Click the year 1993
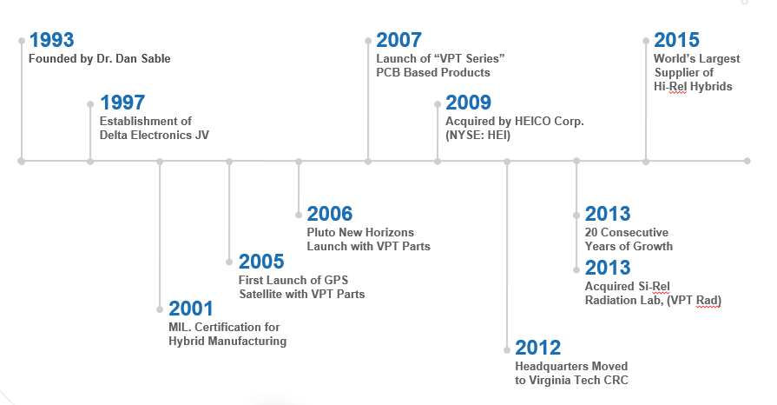[x=51, y=40]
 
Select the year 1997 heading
[x=122, y=103]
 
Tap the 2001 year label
[x=191, y=309]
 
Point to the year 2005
[x=261, y=262]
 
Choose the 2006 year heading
[x=330, y=214]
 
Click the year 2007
[x=398, y=40]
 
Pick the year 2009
[x=468, y=103]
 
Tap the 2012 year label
[x=537, y=348]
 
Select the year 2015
[x=676, y=40]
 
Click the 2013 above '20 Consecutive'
[x=608, y=214]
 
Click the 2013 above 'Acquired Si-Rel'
[x=608, y=268]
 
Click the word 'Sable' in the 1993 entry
[x=155, y=58]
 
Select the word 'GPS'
[x=337, y=280]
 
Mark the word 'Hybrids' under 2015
[x=711, y=86]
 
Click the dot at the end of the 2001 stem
[x=160, y=309]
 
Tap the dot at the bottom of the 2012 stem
[x=507, y=350]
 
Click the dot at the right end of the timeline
[x=747, y=161]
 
